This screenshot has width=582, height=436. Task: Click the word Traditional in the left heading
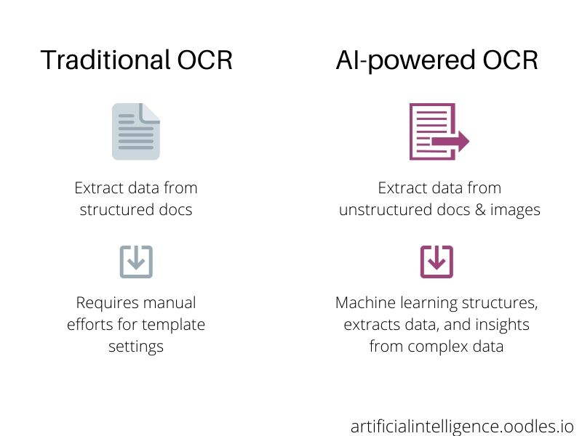tap(105, 60)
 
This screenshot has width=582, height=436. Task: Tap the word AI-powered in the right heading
tap(405, 61)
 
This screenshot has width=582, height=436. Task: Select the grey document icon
tap(136, 132)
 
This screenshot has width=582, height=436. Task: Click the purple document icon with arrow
tap(439, 132)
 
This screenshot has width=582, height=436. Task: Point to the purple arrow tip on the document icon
tap(469, 141)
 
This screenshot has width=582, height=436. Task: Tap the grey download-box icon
tap(136, 262)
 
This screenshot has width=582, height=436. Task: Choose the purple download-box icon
tap(436, 262)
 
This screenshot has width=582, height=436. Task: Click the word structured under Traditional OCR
tap(117, 210)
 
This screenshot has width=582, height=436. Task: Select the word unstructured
tap(386, 210)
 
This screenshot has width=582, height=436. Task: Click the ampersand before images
tap(480, 210)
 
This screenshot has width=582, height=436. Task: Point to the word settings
tap(136, 347)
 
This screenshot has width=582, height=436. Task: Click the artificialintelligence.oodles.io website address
tap(462, 427)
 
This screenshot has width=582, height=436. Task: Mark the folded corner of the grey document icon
tap(150, 113)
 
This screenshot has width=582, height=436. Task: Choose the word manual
tap(170, 303)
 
